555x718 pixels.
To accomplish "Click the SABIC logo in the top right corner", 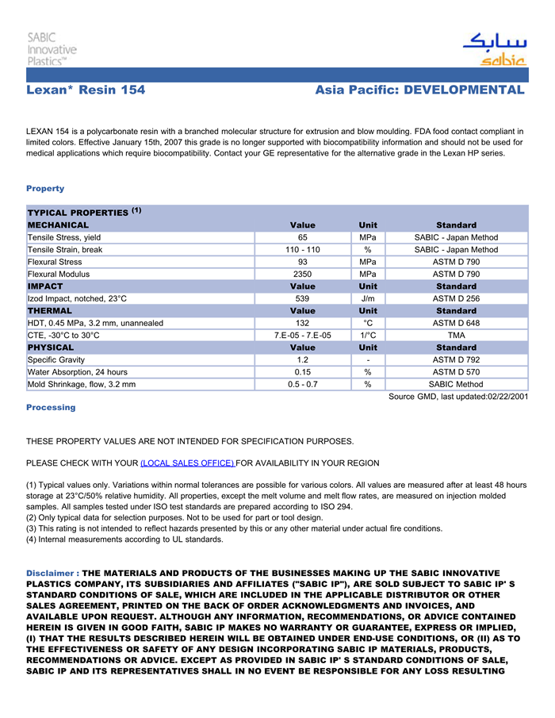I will click(494, 49).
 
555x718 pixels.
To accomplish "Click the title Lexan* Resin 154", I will click(86, 90).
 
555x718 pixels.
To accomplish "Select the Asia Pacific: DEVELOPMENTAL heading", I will click(419, 90).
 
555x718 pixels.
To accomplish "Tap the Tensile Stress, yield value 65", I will click(302, 237).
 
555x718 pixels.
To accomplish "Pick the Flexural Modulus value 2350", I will click(302, 274).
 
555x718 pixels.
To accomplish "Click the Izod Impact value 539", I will click(302, 298).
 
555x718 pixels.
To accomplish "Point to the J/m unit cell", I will click(368, 298).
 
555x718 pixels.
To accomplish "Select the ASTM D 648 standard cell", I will click(456, 323).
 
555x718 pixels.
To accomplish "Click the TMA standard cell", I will click(456, 335).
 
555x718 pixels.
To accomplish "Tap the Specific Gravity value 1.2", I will click(302, 359).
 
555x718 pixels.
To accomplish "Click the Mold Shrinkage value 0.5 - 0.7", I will click(302, 384).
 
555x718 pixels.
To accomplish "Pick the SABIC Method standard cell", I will click(456, 384).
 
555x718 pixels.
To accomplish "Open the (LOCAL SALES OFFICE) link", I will click(187, 463).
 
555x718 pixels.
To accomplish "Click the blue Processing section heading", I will click(51, 407).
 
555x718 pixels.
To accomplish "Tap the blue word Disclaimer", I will click(50, 573).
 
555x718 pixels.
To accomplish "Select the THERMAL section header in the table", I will click(49, 311).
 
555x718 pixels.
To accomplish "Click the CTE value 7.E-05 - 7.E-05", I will click(302, 335).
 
